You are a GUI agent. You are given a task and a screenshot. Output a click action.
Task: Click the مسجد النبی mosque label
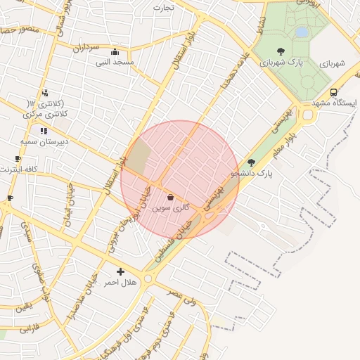pos(115,62)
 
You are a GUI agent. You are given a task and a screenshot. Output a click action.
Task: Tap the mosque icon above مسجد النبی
pos(115,51)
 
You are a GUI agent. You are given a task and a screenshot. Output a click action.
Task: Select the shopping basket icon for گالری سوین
pos(170,198)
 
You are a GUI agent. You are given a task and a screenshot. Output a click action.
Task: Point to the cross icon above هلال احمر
pos(120,271)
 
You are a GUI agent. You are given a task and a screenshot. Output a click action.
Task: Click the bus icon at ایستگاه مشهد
pos(333,92)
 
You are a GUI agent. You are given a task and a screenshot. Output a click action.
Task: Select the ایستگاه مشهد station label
pos(334,103)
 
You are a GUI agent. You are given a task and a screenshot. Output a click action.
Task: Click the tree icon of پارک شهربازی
pos(281,51)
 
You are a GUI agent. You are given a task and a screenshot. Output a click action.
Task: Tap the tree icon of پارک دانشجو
pos(251,162)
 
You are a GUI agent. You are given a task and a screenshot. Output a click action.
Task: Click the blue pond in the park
pos(302,32)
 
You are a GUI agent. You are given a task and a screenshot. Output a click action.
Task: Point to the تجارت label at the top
pos(164,8)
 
